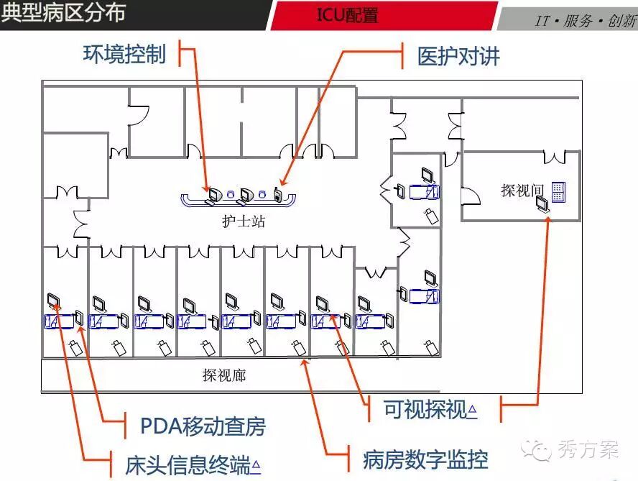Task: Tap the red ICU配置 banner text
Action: (347, 15)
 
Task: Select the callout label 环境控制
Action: (124, 55)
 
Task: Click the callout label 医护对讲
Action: (459, 56)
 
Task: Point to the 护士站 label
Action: (244, 221)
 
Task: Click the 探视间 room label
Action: (523, 191)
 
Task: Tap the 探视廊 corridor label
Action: (224, 375)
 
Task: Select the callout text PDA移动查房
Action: (203, 426)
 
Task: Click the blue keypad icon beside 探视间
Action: (558, 191)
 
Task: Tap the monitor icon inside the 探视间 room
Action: (544, 205)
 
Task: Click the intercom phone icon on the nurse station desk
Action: (277, 193)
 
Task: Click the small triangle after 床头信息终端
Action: (256, 466)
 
